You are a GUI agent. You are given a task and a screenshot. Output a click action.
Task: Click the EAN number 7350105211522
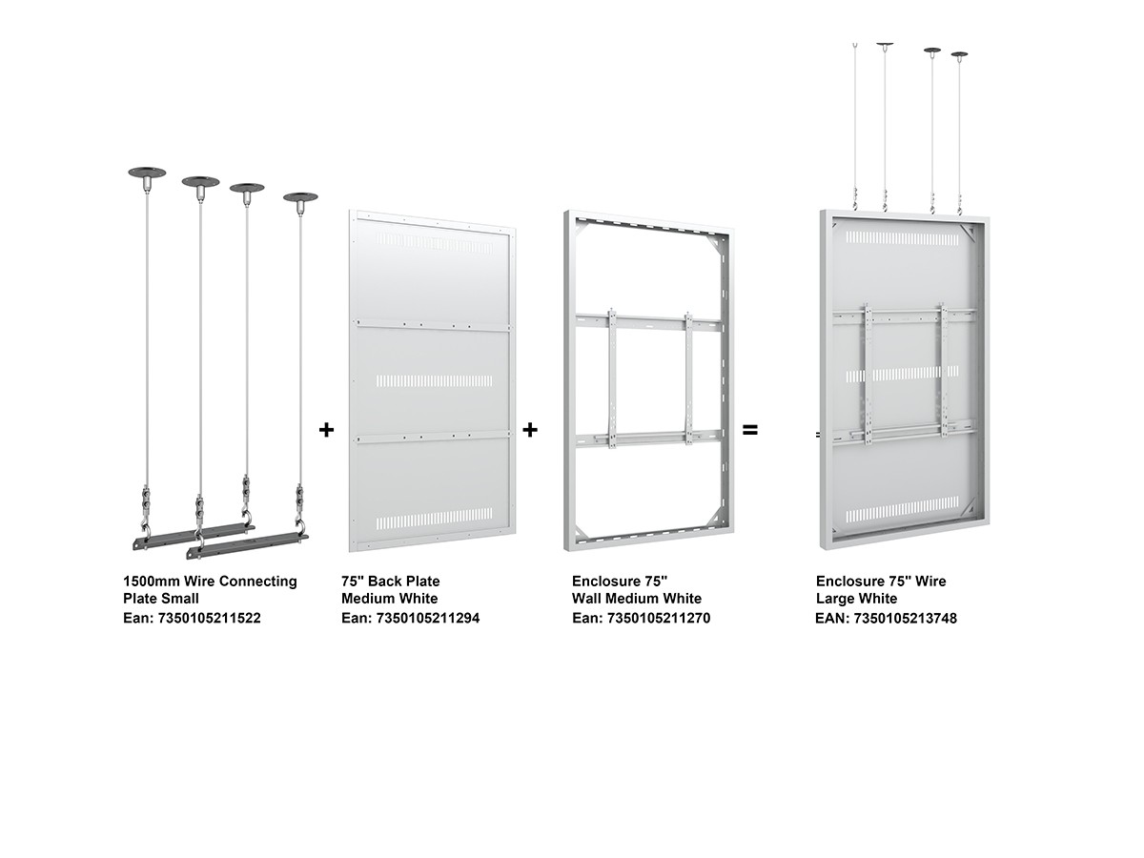pyautogui.click(x=209, y=618)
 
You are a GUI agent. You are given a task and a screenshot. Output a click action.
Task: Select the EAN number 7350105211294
pyautogui.click(x=427, y=618)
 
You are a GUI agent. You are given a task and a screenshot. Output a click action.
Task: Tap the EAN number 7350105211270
pyautogui.click(x=658, y=618)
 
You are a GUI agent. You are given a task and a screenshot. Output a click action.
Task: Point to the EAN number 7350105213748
pyautogui.click(x=905, y=619)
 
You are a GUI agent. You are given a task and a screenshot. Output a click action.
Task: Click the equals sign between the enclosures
pyautogui.click(x=749, y=430)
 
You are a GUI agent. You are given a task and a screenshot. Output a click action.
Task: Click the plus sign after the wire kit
pyautogui.click(x=326, y=430)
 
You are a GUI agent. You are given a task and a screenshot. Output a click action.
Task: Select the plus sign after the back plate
pyautogui.click(x=529, y=430)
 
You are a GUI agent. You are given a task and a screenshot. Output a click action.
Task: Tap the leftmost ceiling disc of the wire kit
pyautogui.click(x=147, y=172)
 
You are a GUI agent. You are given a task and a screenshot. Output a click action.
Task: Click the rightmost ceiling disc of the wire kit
pyautogui.click(x=300, y=197)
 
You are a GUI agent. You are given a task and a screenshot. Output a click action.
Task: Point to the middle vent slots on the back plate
pyautogui.click(x=434, y=380)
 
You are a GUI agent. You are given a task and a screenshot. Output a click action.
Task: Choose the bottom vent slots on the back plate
pyautogui.click(x=434, y=519)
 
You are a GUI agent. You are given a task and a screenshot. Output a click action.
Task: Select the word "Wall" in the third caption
pyautogui.click(x=587, y=598)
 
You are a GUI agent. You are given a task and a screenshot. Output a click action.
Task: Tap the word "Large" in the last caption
pyautogui.click(x=834, y=599)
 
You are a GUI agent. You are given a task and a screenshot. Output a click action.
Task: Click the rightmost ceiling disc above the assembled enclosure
pyautogui.click(x=959, y=54)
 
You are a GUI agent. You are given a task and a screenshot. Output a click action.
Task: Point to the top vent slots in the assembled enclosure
pyautogui.click(x=902, y=237)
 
